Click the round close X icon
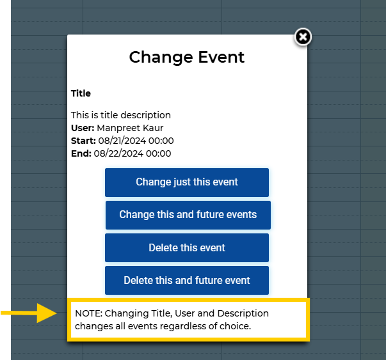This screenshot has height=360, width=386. tap(303, 37)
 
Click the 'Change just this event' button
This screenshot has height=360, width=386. tap(187, 182)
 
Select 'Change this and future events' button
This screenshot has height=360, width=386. tap(188, 215)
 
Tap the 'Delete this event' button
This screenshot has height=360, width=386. tap(187, 247)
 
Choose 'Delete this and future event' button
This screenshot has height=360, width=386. tap(187, 280)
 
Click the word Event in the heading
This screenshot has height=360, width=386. tap(220, 57)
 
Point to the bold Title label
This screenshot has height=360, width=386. tap(81, 93)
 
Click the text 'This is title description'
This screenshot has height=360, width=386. tap(121, 115)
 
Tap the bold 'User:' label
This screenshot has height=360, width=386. tap(83, 128)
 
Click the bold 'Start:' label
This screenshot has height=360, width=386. tap(83, 141)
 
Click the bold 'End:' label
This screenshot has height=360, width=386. tap(81, 153)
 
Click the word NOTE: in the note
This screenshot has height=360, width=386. tap(88, 313)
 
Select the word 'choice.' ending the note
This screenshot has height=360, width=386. tap(234, 326)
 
